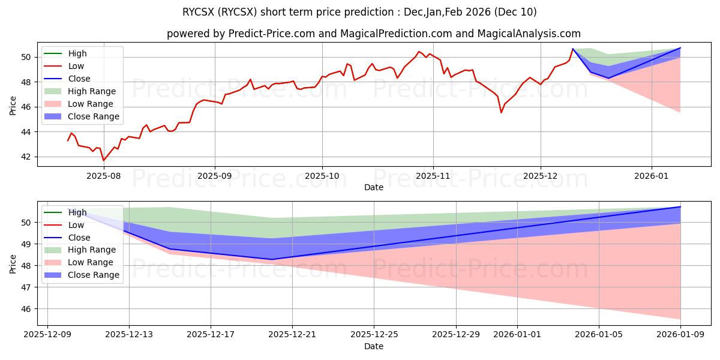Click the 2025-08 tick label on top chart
tap(104, 176)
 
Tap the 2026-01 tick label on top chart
tap(652, 176)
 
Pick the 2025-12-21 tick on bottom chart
tap(292, 335)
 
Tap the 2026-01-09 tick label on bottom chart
tap(680, 335)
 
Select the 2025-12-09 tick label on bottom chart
tap(47, 335)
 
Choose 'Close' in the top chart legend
tap(79, 79)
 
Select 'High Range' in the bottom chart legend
tap(92, 250)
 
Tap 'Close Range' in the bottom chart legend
tap(94, 275)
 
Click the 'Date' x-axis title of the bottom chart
tap(374, 346)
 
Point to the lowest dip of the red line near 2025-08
tap(103, 160)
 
